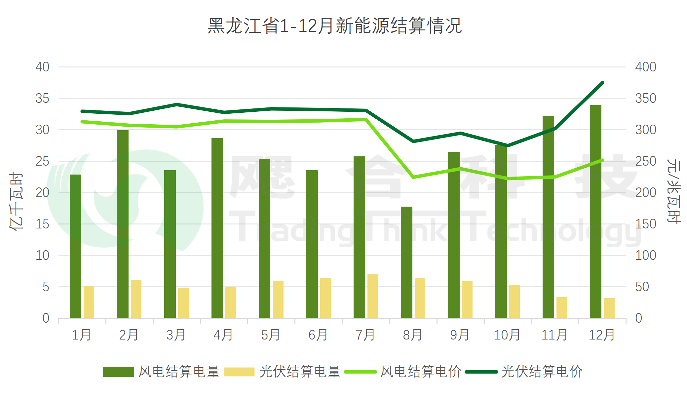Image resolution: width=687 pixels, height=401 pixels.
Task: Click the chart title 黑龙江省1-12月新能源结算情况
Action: tap(334, 26)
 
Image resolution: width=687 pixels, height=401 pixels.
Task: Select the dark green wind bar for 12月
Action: tap(595, 212)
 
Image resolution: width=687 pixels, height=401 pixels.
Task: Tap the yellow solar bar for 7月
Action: tap(372, 296)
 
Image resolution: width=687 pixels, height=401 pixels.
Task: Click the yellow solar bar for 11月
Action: tap(562, 307)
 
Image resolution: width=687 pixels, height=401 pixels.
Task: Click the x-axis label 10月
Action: tap(507, 335)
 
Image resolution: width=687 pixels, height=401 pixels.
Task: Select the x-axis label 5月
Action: tap(270, 335)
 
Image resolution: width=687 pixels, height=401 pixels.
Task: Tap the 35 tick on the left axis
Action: tap(42, 99)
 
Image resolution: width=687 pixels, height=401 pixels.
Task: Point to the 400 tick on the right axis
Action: tap(645, 67)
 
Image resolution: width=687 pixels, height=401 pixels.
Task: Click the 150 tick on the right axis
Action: tap(645, 224)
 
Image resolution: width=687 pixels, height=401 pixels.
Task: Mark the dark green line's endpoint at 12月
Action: tap(602, 83)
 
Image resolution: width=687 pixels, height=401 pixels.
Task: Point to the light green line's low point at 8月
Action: tap(413, 177)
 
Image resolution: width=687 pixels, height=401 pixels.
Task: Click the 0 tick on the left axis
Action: tap(46, 318)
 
